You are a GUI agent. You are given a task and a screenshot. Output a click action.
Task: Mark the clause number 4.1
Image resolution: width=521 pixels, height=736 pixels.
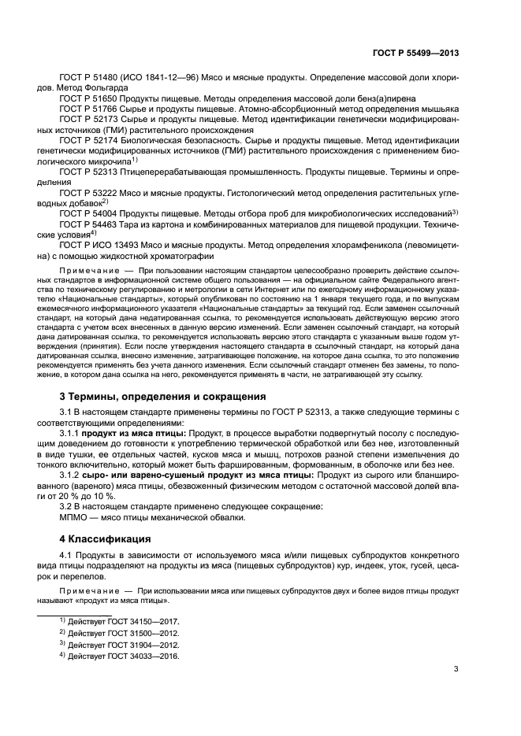coord(66,557)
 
